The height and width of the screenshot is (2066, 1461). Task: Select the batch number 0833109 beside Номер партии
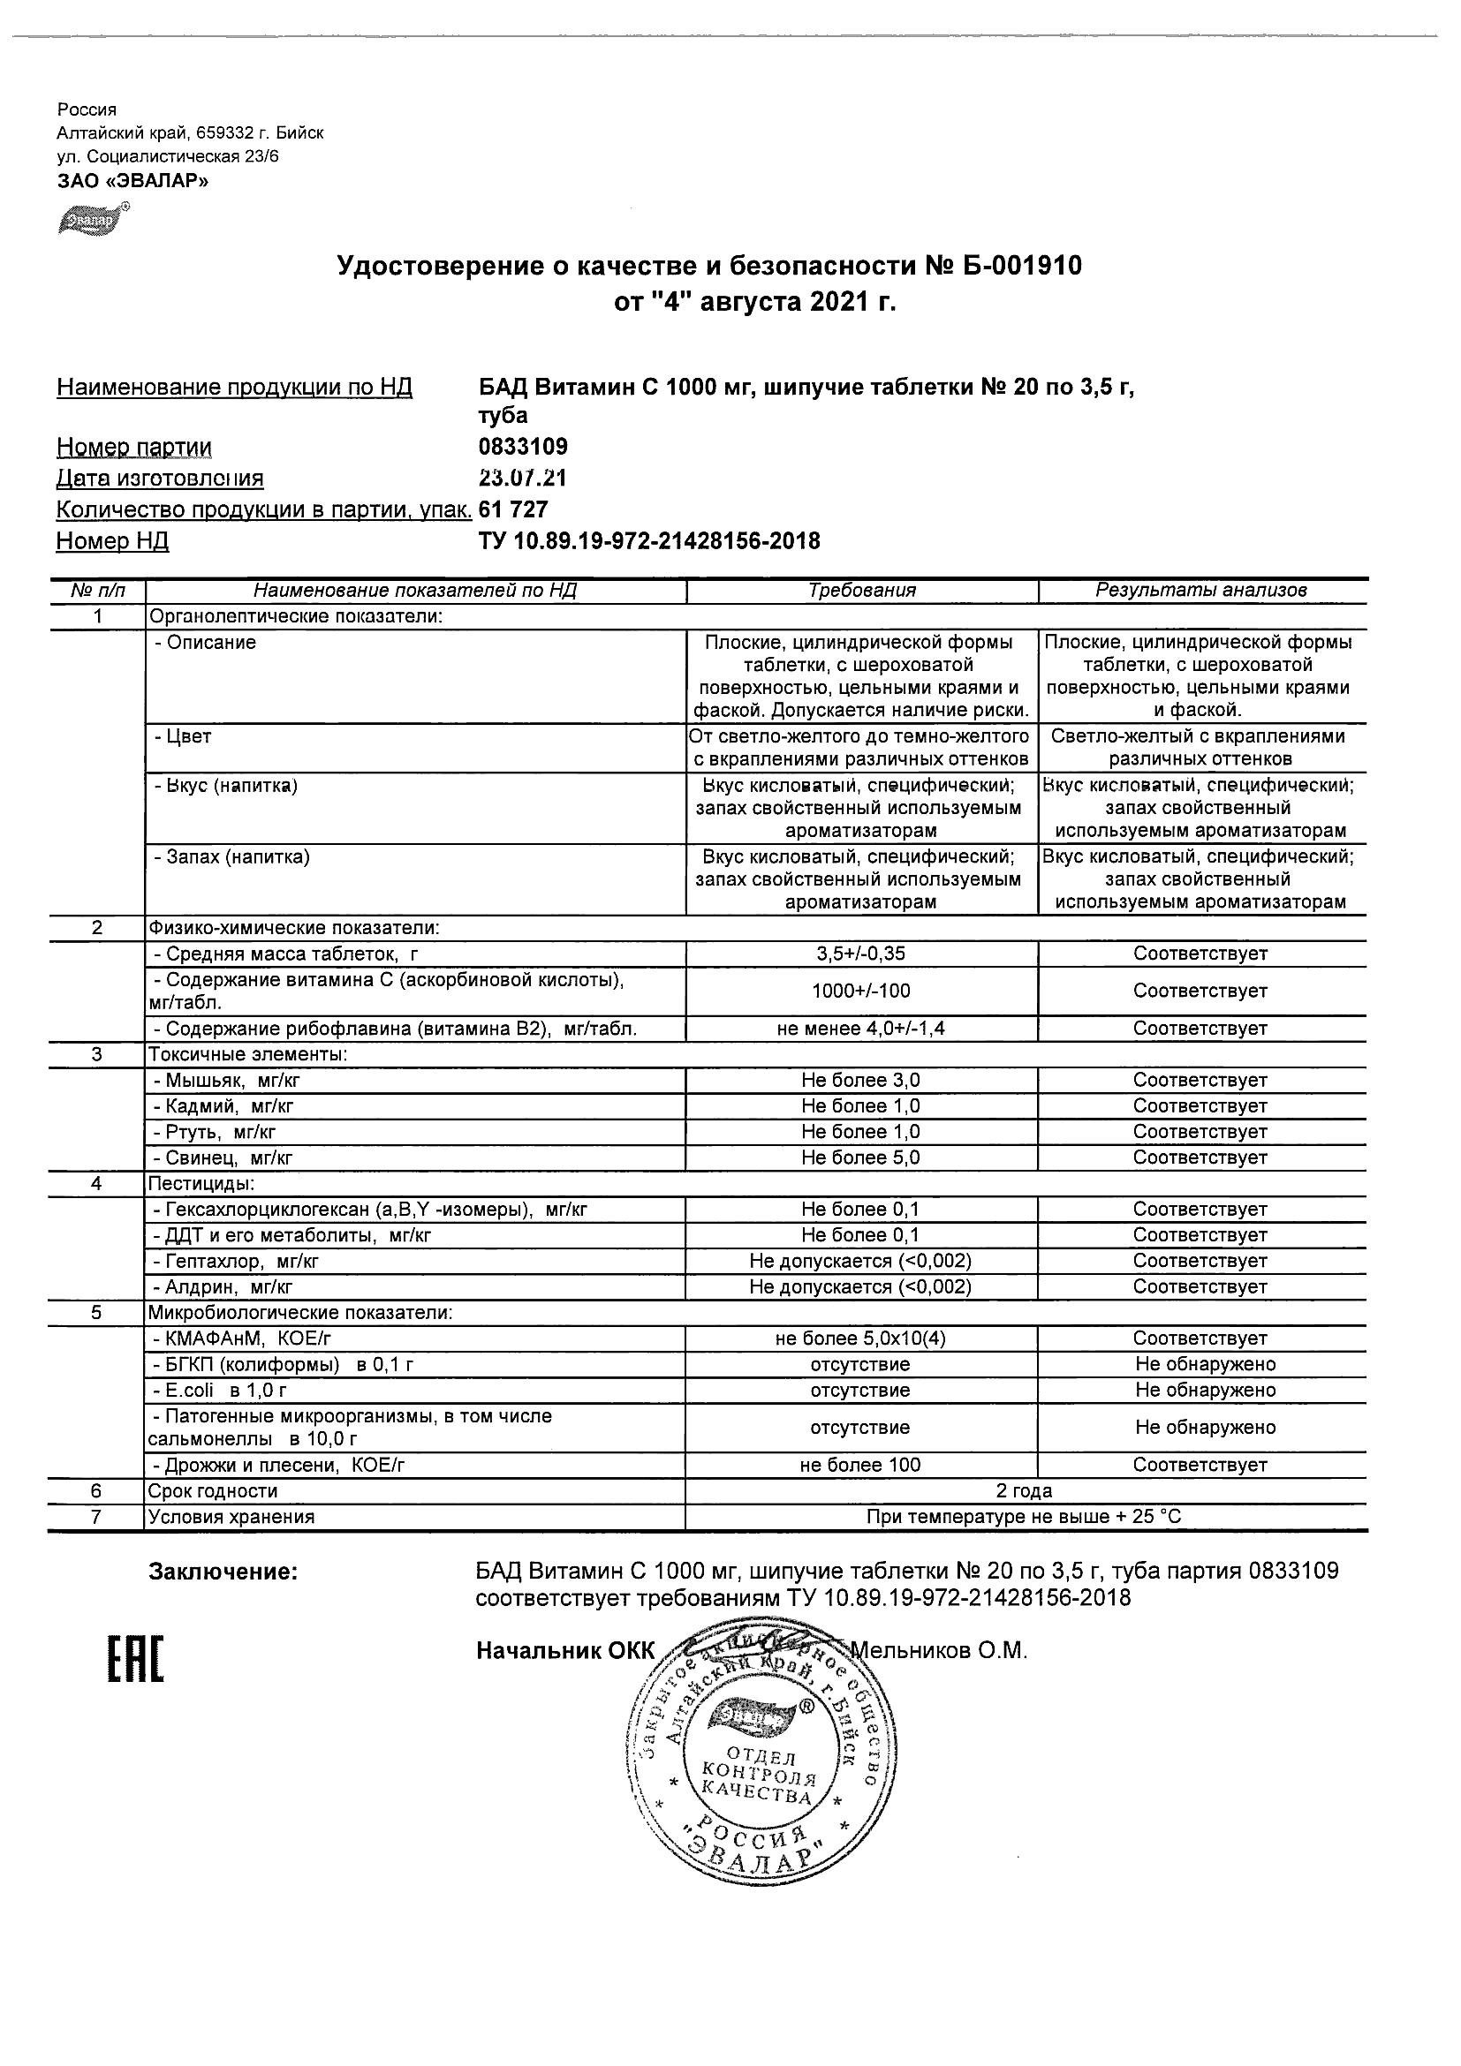click(523, 447)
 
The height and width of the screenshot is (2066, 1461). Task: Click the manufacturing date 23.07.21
click(523, 478)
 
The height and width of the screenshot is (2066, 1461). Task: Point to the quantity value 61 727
click(513, 509)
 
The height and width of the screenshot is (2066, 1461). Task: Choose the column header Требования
click(861, 591)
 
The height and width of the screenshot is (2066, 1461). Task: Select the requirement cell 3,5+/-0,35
click(860, 954)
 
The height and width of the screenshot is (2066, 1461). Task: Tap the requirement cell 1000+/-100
click(860, 991)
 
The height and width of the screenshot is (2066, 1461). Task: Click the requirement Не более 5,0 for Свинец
click(860, 1157)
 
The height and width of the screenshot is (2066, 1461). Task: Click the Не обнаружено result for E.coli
click(1206, 1390)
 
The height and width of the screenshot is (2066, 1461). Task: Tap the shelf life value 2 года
click(1026, 1491)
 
